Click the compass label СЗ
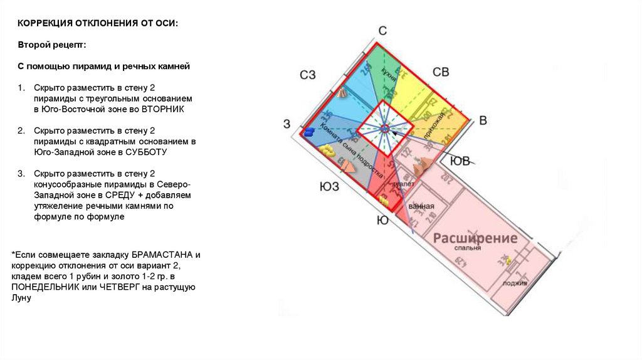coord(307,75)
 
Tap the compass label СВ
coord(441,72)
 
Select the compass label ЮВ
coord(460,162)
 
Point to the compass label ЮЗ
coord(329,186)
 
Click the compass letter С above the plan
coord(382,31)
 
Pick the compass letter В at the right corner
coord(482,120)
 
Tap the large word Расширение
coord(475,238)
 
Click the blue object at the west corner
coord(309,132)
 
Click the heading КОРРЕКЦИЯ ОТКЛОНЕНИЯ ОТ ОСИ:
coord(97,23)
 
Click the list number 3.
coord(20,173)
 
